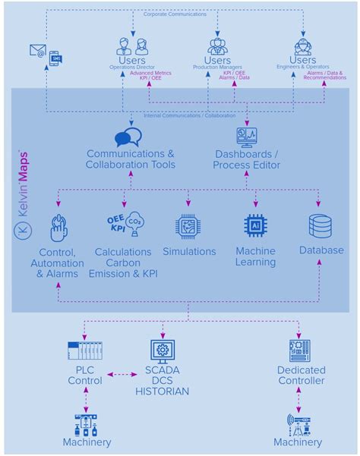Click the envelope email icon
click(x=37, y=50)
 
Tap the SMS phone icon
click(x=55, y=58)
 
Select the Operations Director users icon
click(x=131, y=46)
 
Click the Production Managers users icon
click(x=218, y=46)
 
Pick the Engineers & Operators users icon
click(x=303, y=46)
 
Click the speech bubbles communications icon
click(x=128, y=137)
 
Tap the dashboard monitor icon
click(x=246, y=136)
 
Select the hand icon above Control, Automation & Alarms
click(x=58, y=228)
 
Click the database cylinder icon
click(x=320, y=226)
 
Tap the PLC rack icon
click(x=84, y=351)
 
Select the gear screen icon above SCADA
click(x=161, y=350)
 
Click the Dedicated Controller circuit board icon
click(x=299, y=351)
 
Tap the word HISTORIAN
click(x=162, y=392)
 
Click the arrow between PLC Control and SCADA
click(x=121, y=374)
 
